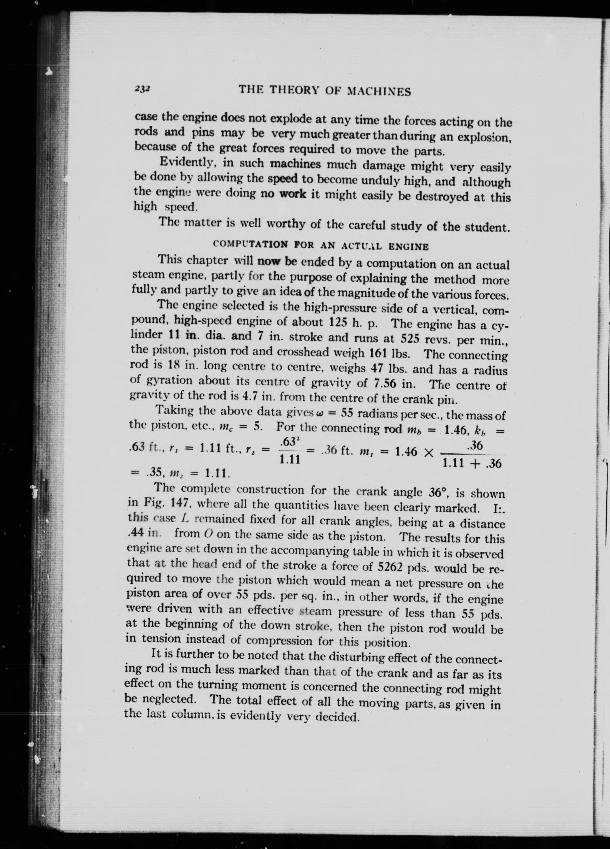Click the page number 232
tap(142, 88)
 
